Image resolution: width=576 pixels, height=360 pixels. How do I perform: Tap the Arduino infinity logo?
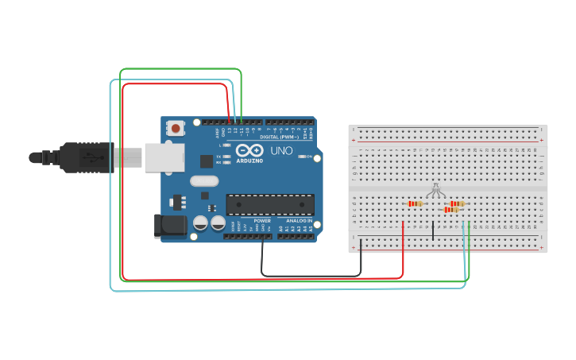coord(248,151)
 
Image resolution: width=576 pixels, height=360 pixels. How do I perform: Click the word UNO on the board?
coord(281,150)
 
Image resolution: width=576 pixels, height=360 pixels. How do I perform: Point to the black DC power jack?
coord(170,226)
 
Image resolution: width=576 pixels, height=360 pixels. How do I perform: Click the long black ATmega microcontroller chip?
coord(269,204)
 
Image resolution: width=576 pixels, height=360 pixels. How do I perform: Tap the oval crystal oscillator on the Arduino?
coord(204,181)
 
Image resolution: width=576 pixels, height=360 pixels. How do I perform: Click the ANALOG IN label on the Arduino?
coord(299,220)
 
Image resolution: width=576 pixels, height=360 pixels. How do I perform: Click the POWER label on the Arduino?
coord(262,220)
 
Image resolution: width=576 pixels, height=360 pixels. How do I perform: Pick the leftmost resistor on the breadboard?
coord(415,204)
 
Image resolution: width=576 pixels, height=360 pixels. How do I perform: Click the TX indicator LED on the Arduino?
coord(228,157)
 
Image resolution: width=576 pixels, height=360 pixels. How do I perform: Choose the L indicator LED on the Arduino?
coord(228,145)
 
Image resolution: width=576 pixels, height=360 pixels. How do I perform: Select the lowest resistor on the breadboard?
coord(450,210)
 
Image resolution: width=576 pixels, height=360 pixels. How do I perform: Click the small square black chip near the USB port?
coord(207,161)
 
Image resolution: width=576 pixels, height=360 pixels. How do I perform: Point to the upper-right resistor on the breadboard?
coord(456,203)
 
